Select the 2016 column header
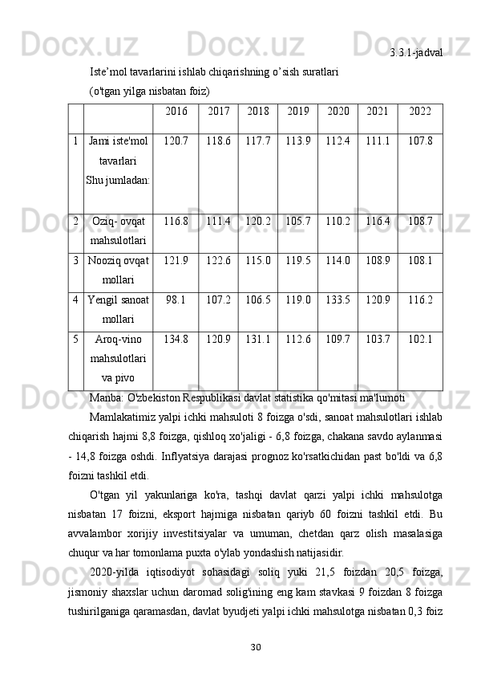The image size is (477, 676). tap(176, 111)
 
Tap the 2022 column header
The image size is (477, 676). tap(419, 111)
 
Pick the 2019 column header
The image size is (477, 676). tap(297, 111)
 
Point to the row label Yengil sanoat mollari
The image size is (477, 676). tap(118, 309)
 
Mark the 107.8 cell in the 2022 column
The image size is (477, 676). tap(419, 140)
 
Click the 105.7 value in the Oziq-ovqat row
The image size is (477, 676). tap(297, 221)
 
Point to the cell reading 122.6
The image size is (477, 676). tap(218, 261)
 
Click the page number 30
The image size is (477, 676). tap(256, 646)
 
